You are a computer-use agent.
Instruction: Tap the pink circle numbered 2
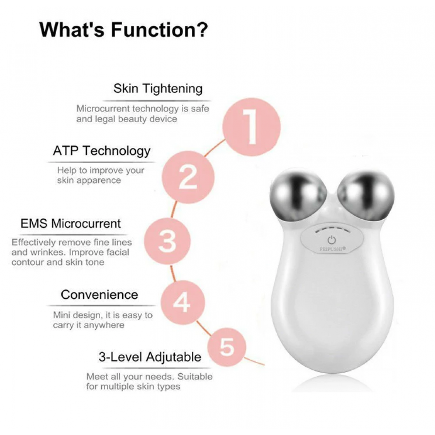click(188, 177)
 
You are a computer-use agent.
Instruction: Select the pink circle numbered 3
click(167, 241)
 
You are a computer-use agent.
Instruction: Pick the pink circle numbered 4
click(183, 302)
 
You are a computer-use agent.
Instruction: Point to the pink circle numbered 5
click(227, 347)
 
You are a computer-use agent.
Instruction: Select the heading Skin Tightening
click(158, 89)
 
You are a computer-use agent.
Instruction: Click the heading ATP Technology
click(101, 151)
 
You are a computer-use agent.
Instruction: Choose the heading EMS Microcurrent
click(70, 224)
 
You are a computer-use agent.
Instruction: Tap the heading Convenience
click(99, 294)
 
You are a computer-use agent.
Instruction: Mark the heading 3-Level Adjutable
click(150, 357)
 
